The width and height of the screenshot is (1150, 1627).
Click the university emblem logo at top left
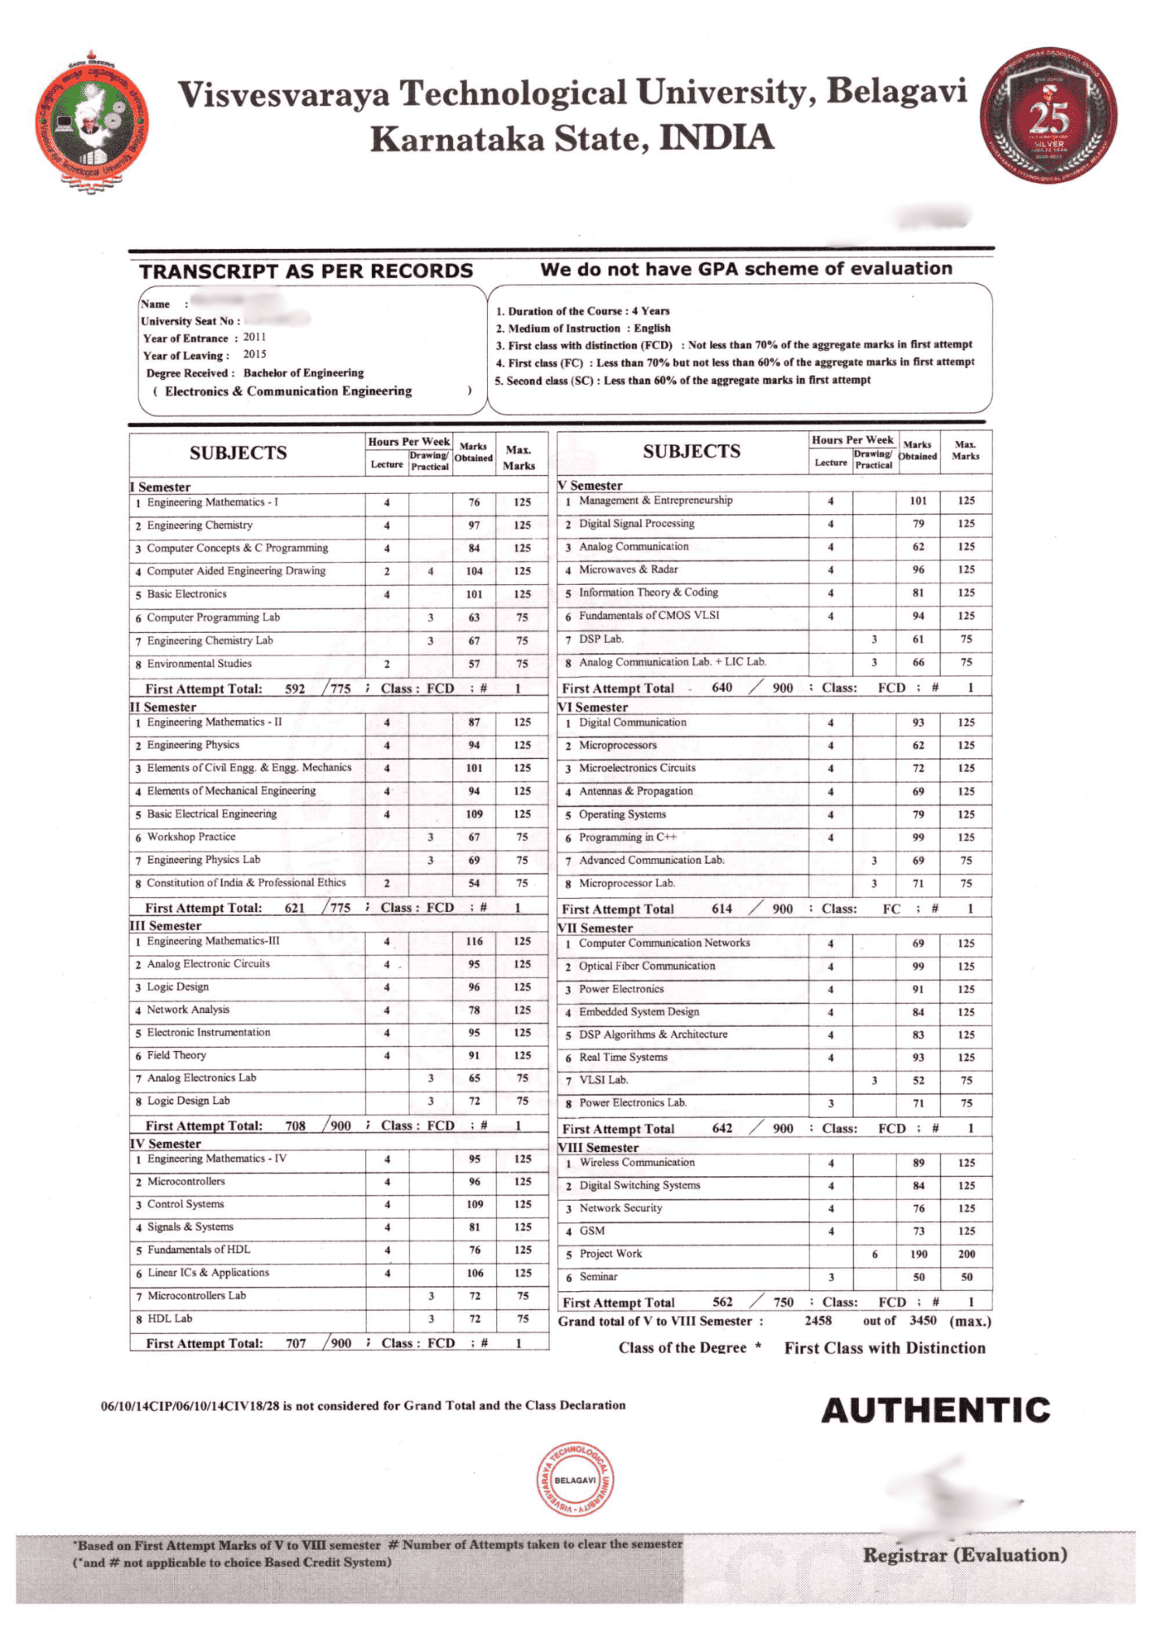pyautogui.click(x=92, y=123)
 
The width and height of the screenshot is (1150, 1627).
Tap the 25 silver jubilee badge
pyautogui.click(x=1048, y=116)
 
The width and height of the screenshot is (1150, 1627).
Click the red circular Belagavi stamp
pyautogui.click(x=575, y=1480)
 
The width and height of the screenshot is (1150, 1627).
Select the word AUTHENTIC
pyautogui.click(x=935, y=1411)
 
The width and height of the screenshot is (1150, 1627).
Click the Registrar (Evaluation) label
pyautogui.click(x=965, y=1555)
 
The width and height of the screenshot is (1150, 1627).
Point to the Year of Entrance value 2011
pyautogui.click(x=255, y=337)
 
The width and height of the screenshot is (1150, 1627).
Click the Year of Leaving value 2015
pyautogui.click(x=255, y=354)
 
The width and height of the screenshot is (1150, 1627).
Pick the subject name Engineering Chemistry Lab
pyautogui.click(x=210, y=640)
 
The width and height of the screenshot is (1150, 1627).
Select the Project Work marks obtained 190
pyautogui.click(x=918, y=1254)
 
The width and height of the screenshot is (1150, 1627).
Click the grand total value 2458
pyautogui.click(x=818, y=1320)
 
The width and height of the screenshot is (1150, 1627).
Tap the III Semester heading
pyautogui.click(x=166, y=926)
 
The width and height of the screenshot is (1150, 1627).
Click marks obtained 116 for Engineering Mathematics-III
pyautogui.click(x=474, y=941)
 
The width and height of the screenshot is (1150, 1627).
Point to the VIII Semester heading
pyautogui.click(x=598, y=1148)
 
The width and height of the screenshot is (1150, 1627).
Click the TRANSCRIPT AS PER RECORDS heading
pyautogui.click(x=306, y=271)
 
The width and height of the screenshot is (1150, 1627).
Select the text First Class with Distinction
pyautogui.click(x=884, y=1348)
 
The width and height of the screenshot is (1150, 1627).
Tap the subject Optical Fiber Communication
pyautogui.click(x=647, y=966)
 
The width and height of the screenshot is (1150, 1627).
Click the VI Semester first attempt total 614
pyautogui.click(x=721, y=909)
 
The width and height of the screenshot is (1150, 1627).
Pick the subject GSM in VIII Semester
pyautogui.click(x=591, y=1231)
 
